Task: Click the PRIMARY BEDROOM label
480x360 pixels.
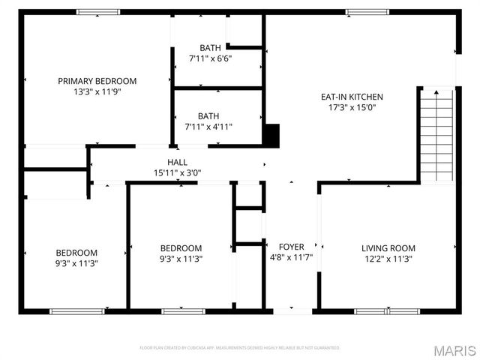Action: pos(97,81)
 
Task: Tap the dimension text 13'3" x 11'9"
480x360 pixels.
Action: pos(97,91)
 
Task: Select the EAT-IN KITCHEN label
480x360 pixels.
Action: pos(352,97)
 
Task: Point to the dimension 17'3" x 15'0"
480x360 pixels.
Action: pos(352,107)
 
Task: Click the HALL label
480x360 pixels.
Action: pos(177,162)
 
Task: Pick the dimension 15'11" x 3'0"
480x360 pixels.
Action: pos(177,172)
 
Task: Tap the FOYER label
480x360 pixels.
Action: pos(292,247)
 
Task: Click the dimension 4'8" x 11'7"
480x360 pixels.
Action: pos(292,259)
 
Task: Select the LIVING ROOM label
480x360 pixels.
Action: pos(388,248)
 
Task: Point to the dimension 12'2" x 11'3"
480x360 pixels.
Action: pos(388,259)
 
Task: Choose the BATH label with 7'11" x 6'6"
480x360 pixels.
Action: pos(210,48)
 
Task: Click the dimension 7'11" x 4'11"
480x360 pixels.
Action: pos(208,127)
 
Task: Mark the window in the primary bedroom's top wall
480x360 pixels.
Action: pos(98,12)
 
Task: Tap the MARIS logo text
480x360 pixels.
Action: pos(455,350)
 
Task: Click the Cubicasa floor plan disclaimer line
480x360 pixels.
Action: pos(240,348)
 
